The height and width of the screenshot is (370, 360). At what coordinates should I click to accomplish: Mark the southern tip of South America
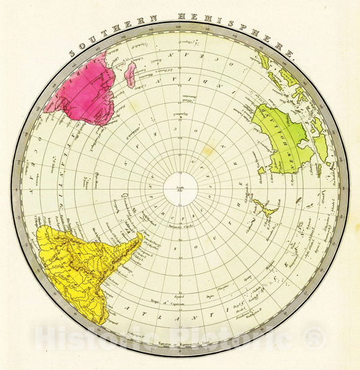point(140,234)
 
